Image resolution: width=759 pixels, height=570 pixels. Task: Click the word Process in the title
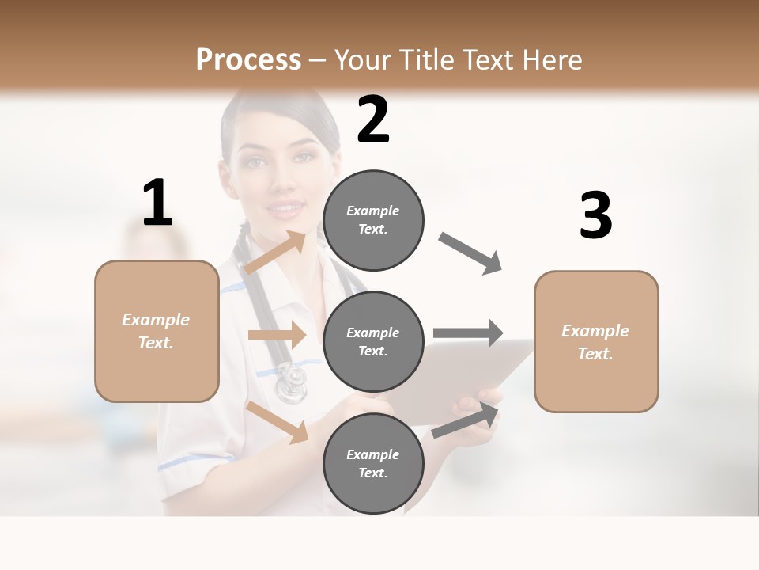click(248, 60)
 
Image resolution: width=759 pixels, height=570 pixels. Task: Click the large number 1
click(157, 203)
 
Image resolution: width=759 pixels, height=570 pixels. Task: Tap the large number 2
click(373, 120)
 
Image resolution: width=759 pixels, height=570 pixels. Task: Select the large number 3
click(595, 216)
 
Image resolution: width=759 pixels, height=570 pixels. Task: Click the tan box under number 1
click(157, 331)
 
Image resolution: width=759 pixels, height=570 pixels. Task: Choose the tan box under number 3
click(596, 342)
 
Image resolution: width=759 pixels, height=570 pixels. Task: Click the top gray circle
click(373, 220)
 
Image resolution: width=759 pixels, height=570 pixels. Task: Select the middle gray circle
click(373, 341)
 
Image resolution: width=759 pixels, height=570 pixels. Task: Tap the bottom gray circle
click(373, 463)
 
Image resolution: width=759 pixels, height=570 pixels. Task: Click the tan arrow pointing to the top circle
click(275, 253)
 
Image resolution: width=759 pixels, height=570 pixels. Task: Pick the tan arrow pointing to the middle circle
click(277, 335)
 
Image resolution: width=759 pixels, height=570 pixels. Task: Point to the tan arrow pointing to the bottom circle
click(278, 421)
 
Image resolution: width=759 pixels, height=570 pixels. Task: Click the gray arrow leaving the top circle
click(470, 253)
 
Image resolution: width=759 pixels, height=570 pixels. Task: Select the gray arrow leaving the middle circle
click(468, 332)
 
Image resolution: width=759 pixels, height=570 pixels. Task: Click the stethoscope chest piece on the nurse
click(290, 384)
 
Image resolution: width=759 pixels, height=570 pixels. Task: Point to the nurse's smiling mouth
click(287, 210)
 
